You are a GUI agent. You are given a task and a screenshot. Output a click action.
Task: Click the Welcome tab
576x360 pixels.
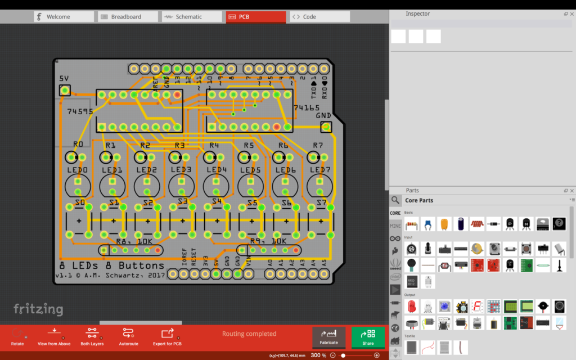63,17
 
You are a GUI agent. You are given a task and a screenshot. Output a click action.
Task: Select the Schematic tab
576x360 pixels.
188,17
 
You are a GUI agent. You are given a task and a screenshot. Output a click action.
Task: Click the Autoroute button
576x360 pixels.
128,336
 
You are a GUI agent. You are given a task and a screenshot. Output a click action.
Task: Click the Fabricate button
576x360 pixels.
329,336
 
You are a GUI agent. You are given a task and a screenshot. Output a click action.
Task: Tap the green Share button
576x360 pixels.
368,336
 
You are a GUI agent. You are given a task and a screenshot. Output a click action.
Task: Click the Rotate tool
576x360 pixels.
17,336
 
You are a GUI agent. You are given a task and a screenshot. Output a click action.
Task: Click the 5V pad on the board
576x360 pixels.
65,90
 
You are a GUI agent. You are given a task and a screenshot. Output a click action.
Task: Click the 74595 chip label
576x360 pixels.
80,111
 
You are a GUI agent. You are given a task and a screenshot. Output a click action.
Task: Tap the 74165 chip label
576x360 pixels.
306,107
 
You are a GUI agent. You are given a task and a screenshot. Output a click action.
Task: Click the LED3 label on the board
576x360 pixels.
181,170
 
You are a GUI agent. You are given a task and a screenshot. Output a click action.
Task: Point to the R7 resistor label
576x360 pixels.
318,145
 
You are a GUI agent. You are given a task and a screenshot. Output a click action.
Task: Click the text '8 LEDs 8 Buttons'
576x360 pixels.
111,265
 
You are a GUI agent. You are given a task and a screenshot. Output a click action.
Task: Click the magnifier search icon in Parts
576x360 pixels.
395,200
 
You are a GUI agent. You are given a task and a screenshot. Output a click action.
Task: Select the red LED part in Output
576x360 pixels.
411,307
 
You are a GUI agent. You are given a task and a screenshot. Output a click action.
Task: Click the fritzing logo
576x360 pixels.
38,309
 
